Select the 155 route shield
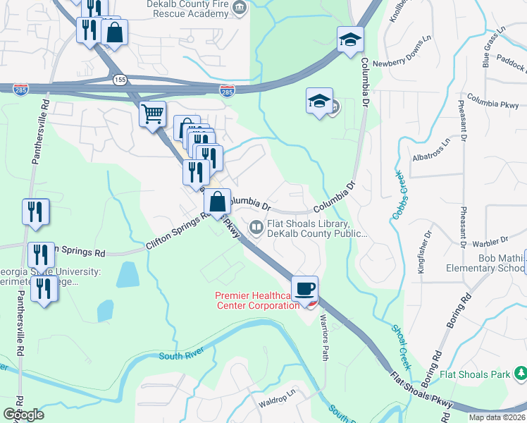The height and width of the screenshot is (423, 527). (x=119, y=80)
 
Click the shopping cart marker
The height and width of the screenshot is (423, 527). (x=153, y=114)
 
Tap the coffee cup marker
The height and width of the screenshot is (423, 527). (x=304, y=289)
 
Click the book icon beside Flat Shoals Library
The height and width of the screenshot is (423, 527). (x=255, y=226)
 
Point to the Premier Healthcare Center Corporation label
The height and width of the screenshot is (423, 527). (x=258, y=300)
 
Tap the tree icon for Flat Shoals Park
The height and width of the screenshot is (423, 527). (x=519, y=372)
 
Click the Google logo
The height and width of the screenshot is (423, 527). (x=23, y=415)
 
